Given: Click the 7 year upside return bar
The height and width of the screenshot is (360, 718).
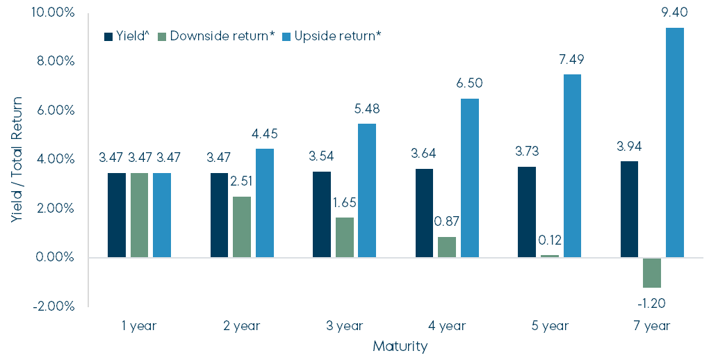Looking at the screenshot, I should click(675, 142).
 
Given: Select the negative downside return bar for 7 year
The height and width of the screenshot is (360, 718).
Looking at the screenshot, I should click(652, 272).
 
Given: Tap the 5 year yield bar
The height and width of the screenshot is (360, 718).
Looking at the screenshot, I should click(527, 212).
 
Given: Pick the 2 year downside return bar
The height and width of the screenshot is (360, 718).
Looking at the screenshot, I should click(241, 227).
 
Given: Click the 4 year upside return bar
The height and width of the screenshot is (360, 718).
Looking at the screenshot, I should click(470, 178).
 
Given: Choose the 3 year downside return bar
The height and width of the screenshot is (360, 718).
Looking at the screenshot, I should click(345, 238).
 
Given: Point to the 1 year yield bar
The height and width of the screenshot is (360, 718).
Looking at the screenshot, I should click(117, 215).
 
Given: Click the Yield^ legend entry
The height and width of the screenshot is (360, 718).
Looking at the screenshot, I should click(127, 35).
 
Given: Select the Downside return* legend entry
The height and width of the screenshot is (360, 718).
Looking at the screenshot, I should click(213, 35).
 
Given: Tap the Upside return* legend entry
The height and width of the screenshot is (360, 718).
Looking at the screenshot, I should click(332, 35).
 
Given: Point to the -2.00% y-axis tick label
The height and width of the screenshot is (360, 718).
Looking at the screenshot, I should click(53, 306).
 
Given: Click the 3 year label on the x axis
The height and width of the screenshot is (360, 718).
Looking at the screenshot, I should click(345, 326).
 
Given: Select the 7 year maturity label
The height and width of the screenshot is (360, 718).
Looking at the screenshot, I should click(652, 326).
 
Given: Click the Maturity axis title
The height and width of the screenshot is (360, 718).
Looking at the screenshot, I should click(400, 345).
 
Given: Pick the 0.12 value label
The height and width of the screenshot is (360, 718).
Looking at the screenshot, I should click(549, 241).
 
